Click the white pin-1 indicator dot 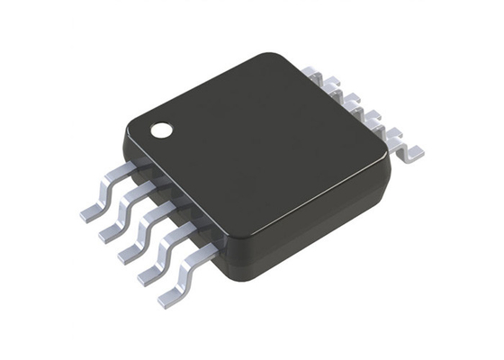(x=162, y=129)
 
